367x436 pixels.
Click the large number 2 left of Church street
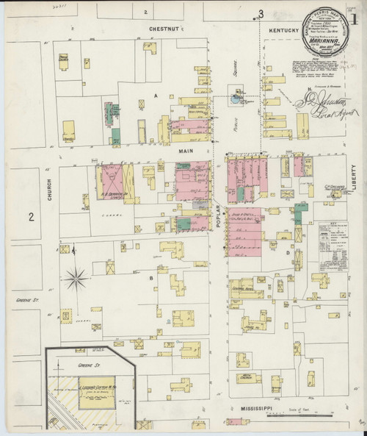[31, 216]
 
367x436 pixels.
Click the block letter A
[156, 96]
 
